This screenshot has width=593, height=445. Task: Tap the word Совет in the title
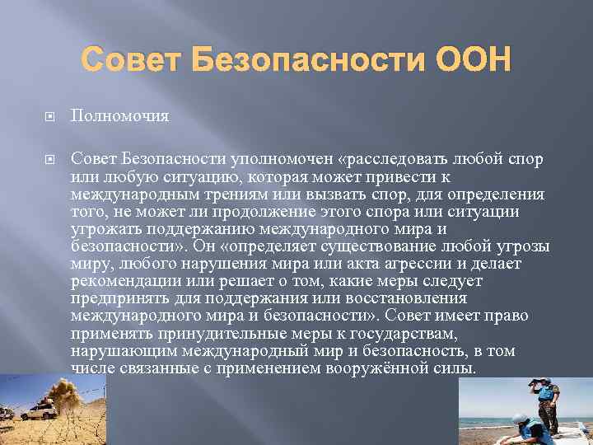(132, 59)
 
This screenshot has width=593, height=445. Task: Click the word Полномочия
(119, 116)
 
